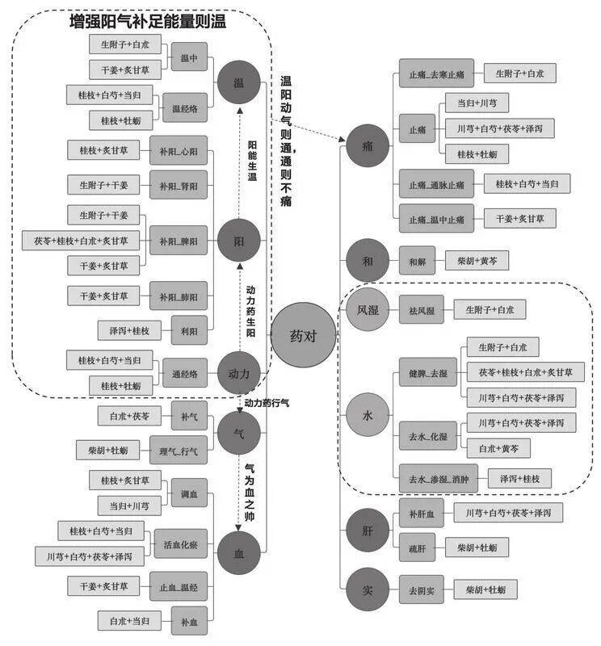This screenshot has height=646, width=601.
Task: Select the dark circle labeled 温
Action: pos(238,83)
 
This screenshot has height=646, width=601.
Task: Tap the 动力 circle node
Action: pos(238,373)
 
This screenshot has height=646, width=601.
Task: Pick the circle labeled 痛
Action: pos(368,147)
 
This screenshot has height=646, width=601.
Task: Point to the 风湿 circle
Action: pos(368,309)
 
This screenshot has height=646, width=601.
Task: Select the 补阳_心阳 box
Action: pos(179,150)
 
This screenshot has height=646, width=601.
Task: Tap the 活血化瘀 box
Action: pos(180,543)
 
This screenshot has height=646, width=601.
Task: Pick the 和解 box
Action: pos(417,261)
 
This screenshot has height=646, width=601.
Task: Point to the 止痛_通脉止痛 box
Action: pos(436,184)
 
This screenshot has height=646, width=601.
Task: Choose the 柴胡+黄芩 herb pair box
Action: pos(477,261)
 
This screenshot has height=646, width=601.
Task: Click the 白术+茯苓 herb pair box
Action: pos(124,416)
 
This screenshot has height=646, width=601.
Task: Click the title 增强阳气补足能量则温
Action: pos(148,22)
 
